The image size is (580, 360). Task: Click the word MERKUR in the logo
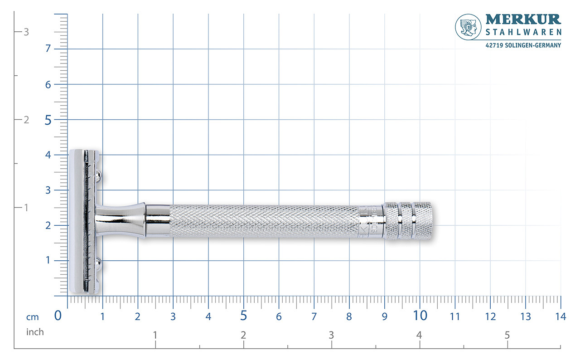pos(523,19)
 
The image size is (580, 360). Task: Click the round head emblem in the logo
pos(468,27)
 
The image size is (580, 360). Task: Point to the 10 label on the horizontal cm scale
pos(420,316)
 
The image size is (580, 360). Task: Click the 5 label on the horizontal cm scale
pos(244,316)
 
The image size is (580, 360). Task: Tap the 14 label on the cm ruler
pos(561,316)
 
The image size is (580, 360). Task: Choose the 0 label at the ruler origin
pos(58,316)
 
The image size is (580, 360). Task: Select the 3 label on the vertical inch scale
pos(26,32)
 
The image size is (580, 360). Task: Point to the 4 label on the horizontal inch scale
pos(419,336)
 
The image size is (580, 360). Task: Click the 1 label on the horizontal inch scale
pos(155,336)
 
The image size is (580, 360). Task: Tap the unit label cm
pos(33,316)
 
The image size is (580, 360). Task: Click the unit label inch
pos(35,332)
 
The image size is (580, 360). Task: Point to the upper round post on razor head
pos(98,174)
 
